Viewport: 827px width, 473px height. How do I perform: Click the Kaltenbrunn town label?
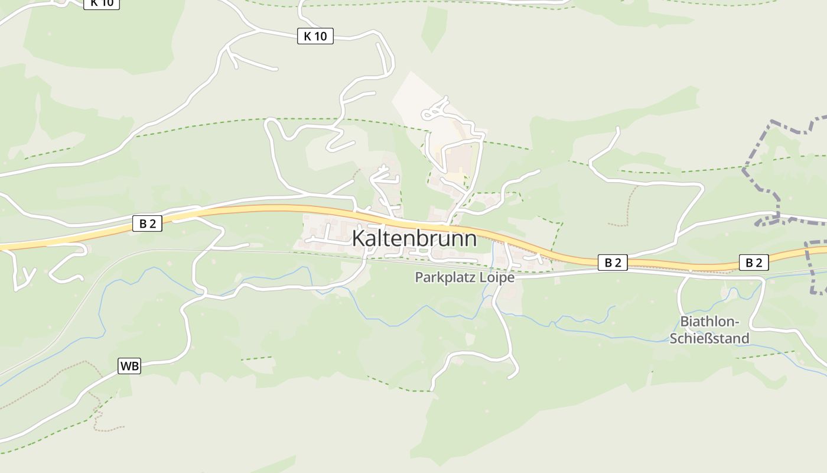tap(414, 238)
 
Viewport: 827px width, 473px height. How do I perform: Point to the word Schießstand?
tap(709, 338)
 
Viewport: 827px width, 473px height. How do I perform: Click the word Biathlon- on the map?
tap(710, 322)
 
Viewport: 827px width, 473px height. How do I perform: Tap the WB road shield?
tap(129, 366)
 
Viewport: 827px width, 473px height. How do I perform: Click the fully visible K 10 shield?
tap(315, 37)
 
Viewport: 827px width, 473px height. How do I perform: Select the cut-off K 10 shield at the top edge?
tap(102, 3)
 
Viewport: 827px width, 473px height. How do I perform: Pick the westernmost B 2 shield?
tap(147, 223)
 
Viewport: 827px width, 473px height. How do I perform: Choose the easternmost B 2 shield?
tap(754, 263)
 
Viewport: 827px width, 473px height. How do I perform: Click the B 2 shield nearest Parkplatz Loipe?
tap(613, 263)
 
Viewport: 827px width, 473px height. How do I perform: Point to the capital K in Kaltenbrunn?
tap(359, 238)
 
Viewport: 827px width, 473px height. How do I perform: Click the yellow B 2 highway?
tap(266, 209)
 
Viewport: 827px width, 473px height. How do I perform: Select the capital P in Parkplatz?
tap(419, 277)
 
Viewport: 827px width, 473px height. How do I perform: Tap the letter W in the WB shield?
tap(126, 366)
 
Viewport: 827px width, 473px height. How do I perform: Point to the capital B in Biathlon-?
tap(684, 322)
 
